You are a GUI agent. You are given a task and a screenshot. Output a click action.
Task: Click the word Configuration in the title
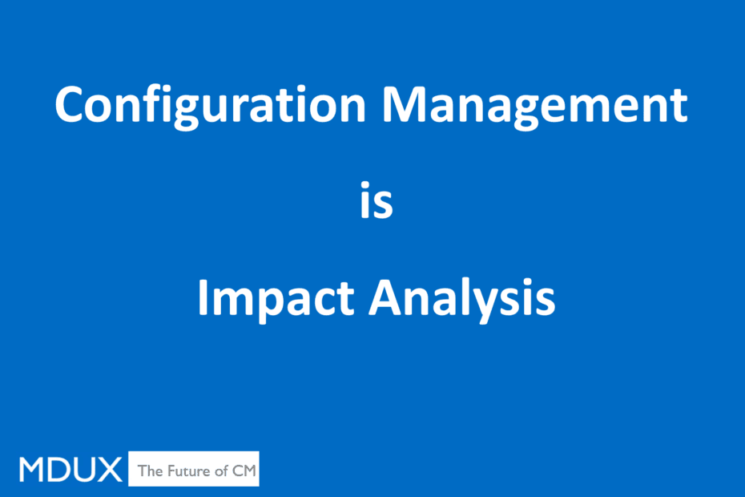coord(210,107)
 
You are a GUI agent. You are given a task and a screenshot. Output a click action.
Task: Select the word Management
coord(534,107)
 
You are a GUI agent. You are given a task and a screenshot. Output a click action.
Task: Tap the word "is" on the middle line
coord(377,200)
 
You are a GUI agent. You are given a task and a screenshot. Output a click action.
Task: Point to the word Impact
coord(276,300)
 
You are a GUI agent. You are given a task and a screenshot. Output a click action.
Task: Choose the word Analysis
coord(462,300)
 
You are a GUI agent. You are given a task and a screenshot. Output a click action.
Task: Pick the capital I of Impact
coord(202,297)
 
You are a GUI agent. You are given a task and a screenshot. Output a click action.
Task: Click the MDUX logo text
coord(70,470)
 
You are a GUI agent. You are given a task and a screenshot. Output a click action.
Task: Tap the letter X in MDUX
coord(110,470)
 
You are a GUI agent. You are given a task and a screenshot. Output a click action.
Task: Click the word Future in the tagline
coord(188,471)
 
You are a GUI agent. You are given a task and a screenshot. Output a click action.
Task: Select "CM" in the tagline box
coord(244,471)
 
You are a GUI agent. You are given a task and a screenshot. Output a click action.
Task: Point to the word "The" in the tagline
coord(150,471)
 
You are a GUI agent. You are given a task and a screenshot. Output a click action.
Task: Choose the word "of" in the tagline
coord(221,471)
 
